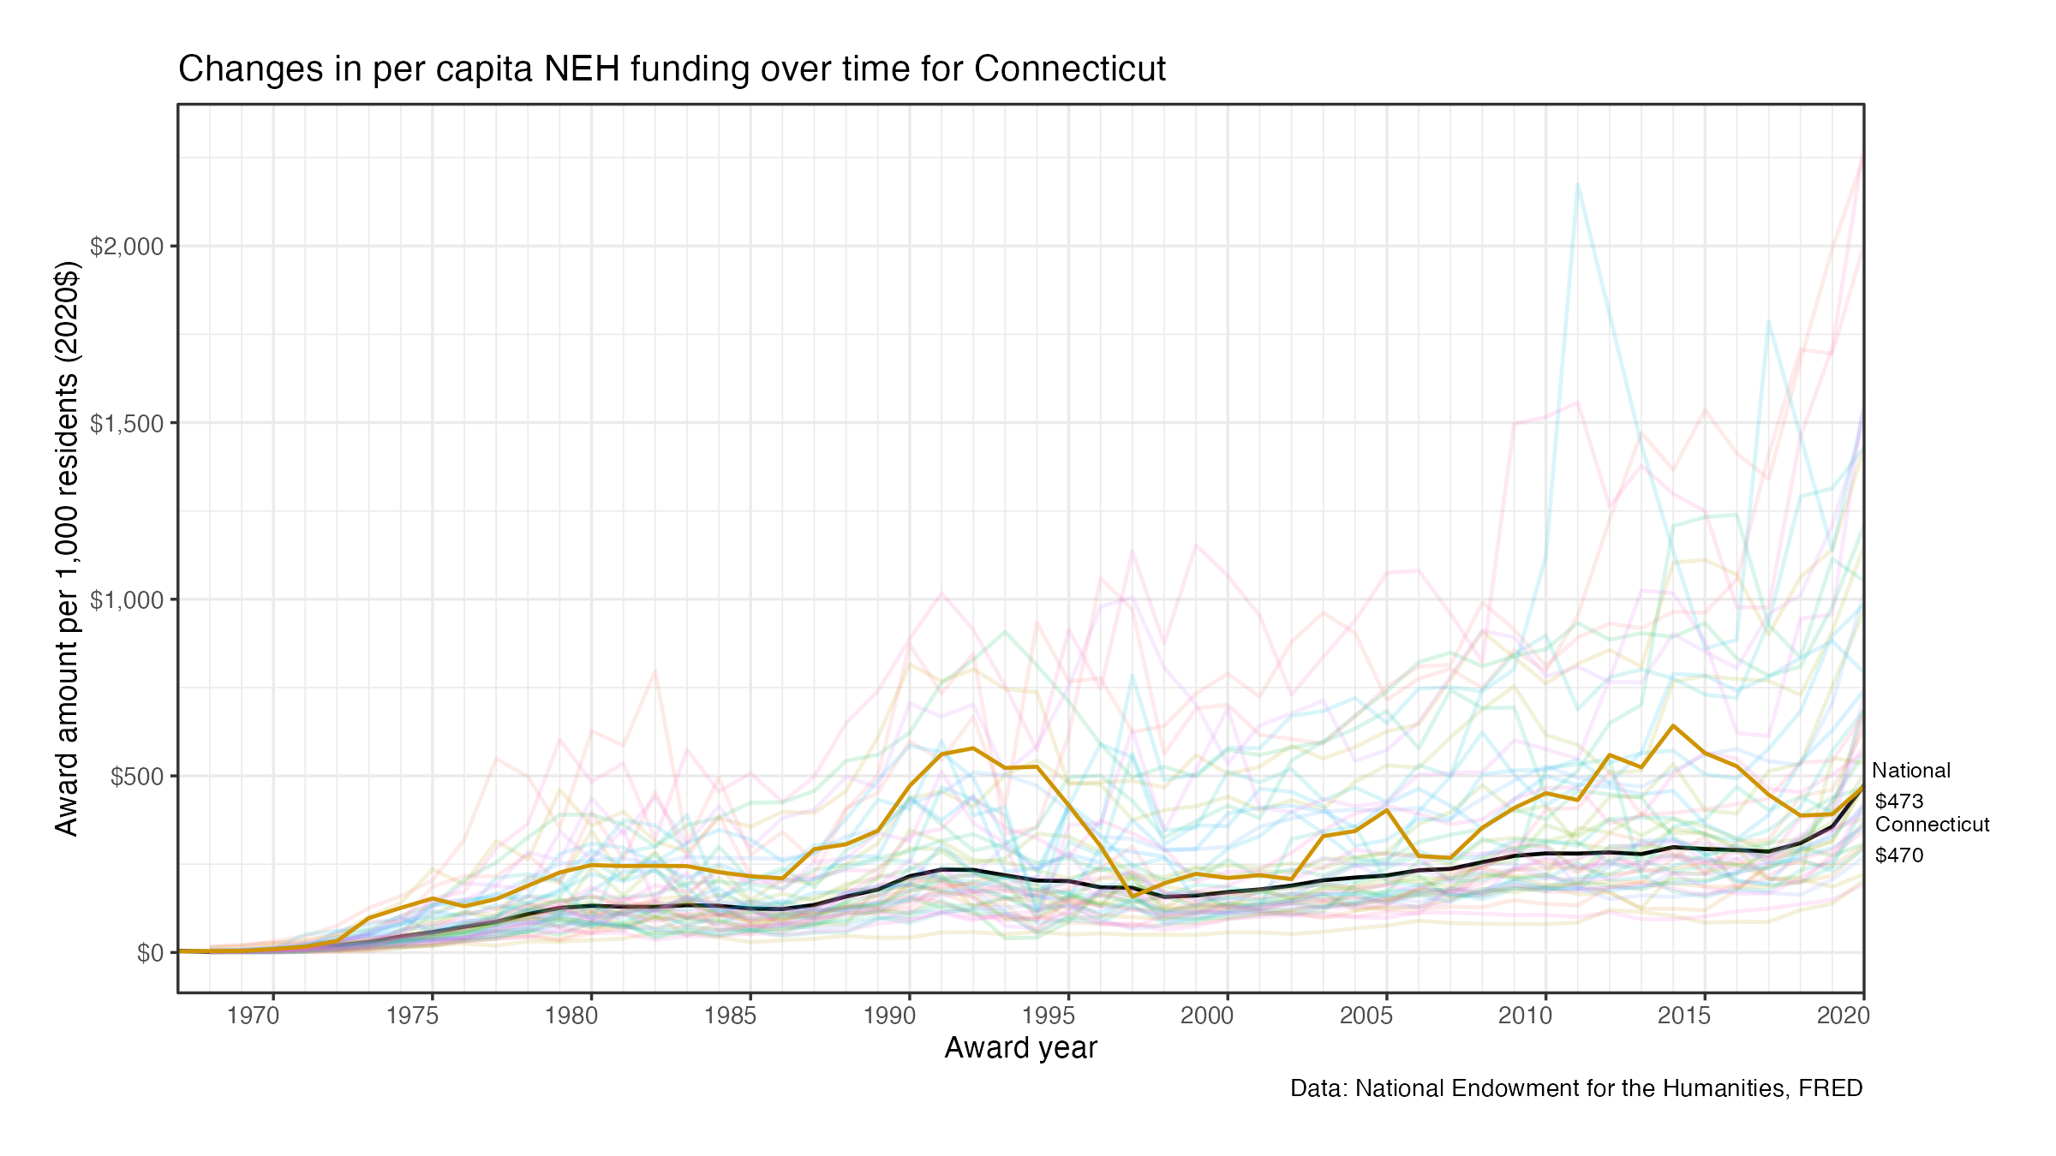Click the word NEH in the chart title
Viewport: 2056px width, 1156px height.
coord(582,69)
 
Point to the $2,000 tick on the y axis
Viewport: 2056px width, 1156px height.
coord(127,247)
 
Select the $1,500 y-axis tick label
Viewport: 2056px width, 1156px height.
coord(127,423)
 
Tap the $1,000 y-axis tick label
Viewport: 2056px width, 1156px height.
coord(127,600)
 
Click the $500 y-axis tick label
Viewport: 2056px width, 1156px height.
coord(137,777)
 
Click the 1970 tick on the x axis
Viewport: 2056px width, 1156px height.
coord(254,1016)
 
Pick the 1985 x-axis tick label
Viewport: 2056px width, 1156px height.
coord(731,1016)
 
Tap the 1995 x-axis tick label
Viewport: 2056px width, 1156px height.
coord(1049,1016)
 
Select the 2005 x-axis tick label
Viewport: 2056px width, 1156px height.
coord(1366,1016)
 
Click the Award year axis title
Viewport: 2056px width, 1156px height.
coord(1020,1048)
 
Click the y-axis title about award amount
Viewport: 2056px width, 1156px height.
coord(67,548)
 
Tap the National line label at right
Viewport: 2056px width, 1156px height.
coord(1911,771)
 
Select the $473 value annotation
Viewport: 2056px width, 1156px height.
coord(1899,801)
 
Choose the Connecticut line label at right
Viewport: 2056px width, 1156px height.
coord(1933,825)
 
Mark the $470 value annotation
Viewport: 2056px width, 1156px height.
coord(1899,855)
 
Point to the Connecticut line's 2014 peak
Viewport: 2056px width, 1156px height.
coord(1673,726)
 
